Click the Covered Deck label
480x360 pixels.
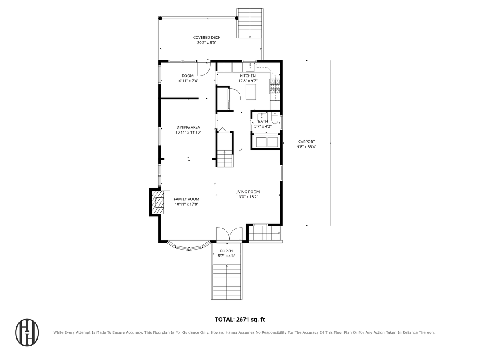(x=206, y=38)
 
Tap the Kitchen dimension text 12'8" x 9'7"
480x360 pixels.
(x=248, y=81)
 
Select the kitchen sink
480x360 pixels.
(x=250, y=67)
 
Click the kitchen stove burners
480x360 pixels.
(x=275, y=86)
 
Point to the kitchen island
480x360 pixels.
(x=251, y=92)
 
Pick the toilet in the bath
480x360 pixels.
(x=274, y=118)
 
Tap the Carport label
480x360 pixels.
(x=306, y=142)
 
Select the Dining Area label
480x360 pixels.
(x=188, y=127)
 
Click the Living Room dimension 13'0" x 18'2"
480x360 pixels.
(x=247, y=196)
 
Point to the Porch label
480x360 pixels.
(x=226, y=251)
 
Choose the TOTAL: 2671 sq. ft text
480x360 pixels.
(x=240, y=320)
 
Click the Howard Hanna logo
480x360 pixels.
(x=27, y=332)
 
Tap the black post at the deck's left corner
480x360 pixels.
(x=160, y=18)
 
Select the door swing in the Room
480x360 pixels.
(x=204, y=69)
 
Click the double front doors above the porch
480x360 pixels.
(x=229, y=234)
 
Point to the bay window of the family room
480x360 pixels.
(x=189, y=246)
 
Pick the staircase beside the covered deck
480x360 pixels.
(x=250, y=23)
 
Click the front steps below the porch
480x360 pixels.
(x=227, y=282)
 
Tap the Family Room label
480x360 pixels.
(x=186, y=199)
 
